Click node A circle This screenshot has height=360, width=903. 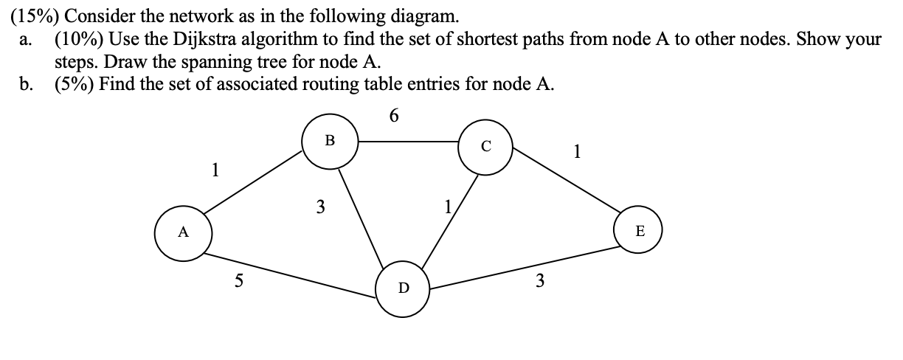[x=182, y=232]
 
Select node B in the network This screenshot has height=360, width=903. [x=330, y=139]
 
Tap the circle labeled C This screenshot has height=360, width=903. [x=485, y=146]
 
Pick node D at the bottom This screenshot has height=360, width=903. [x=403, y=288]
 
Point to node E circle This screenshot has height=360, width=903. [x=639, y=232]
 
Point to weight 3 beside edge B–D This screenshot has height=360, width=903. [x=320, y=207]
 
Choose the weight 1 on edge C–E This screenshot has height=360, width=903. [x=578, y=153]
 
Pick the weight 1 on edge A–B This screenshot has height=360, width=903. [x=215, y=170]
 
